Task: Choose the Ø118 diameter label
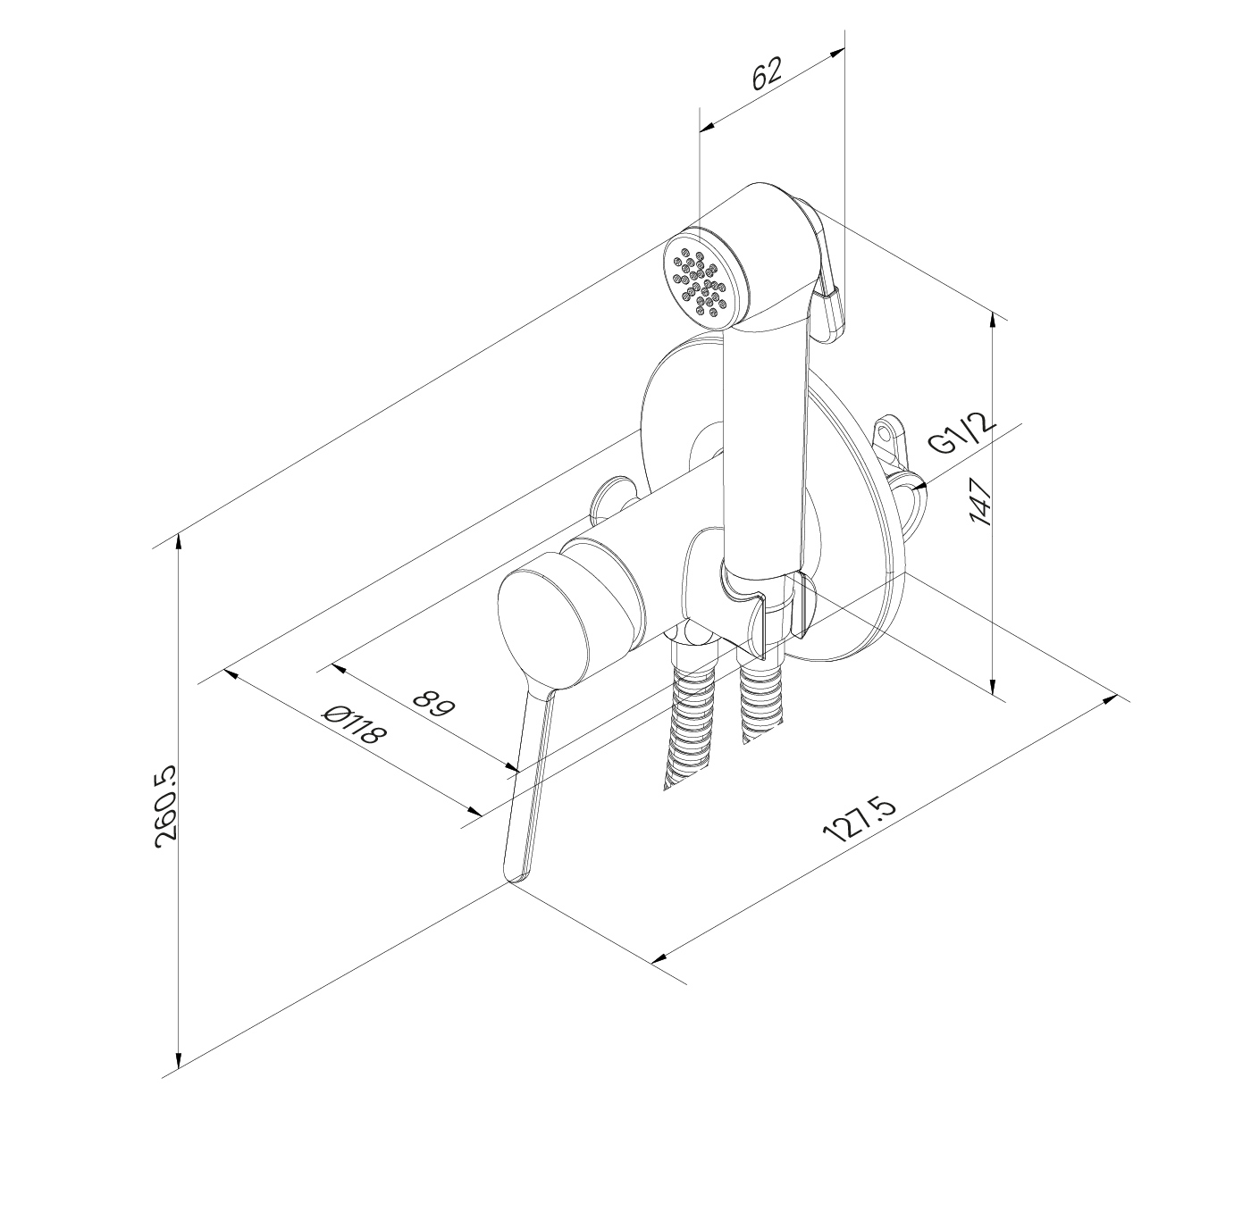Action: click(x=356, y=724)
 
